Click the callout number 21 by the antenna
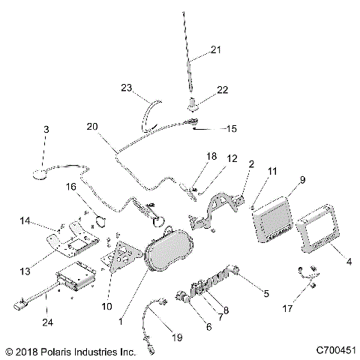[x=216, y=49]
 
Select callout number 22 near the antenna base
[x=221, y=89]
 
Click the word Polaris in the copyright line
[x=56, y=350]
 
